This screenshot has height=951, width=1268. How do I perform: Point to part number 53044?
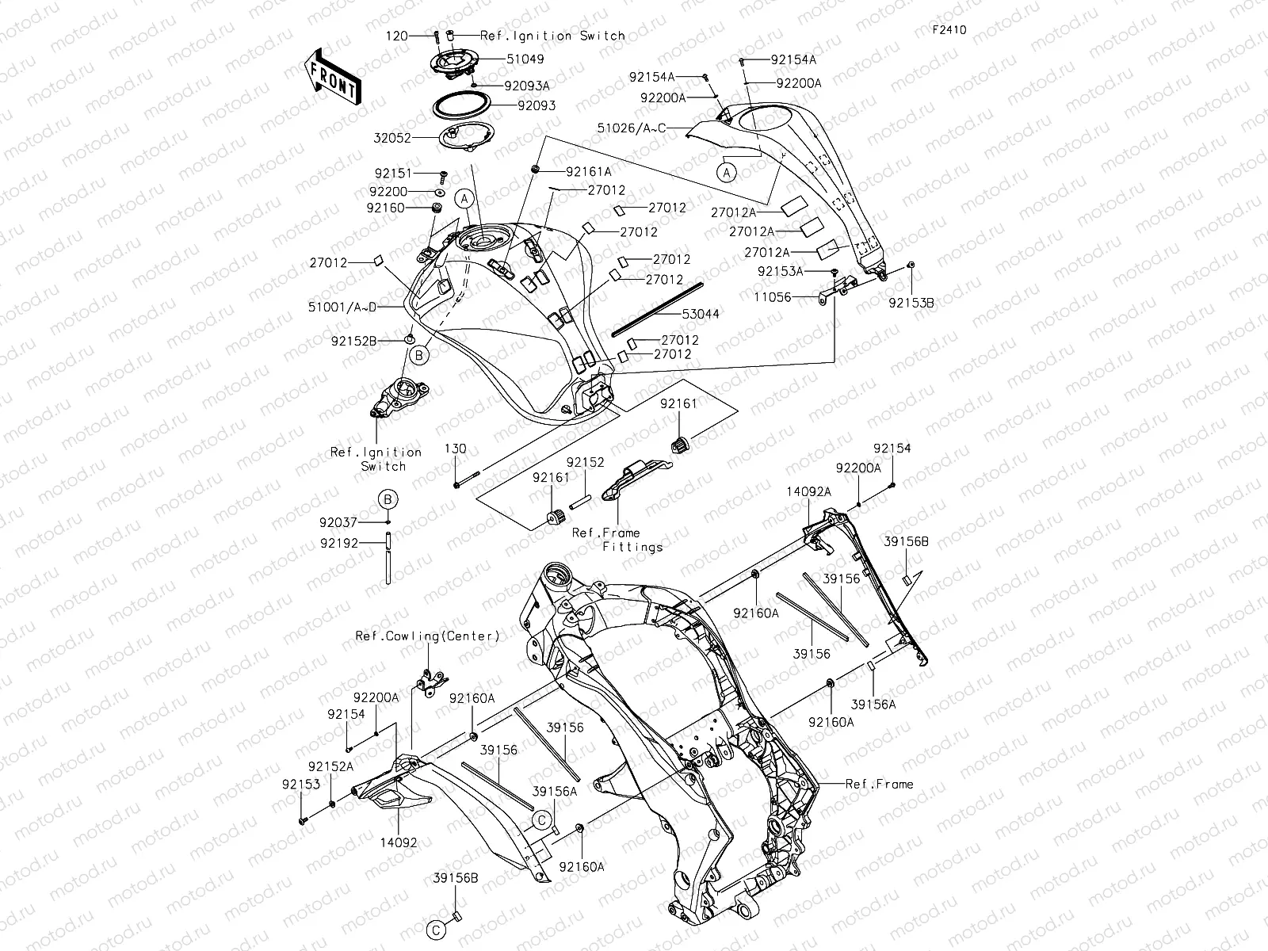click(x=701, y=314)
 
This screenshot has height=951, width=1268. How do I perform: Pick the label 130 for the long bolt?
click(x=455, y=449)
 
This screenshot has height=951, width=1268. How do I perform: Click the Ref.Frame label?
click(x=879, y=785)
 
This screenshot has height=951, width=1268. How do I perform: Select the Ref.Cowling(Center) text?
click(x=427, y=636)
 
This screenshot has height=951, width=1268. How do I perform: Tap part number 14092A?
click(x=808, y=491)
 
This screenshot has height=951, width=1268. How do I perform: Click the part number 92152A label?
click(x=331, y=766)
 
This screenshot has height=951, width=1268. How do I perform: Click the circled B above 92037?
click(x=388, y=499)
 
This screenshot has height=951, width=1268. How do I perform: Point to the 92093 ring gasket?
click(x=459, y=105)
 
